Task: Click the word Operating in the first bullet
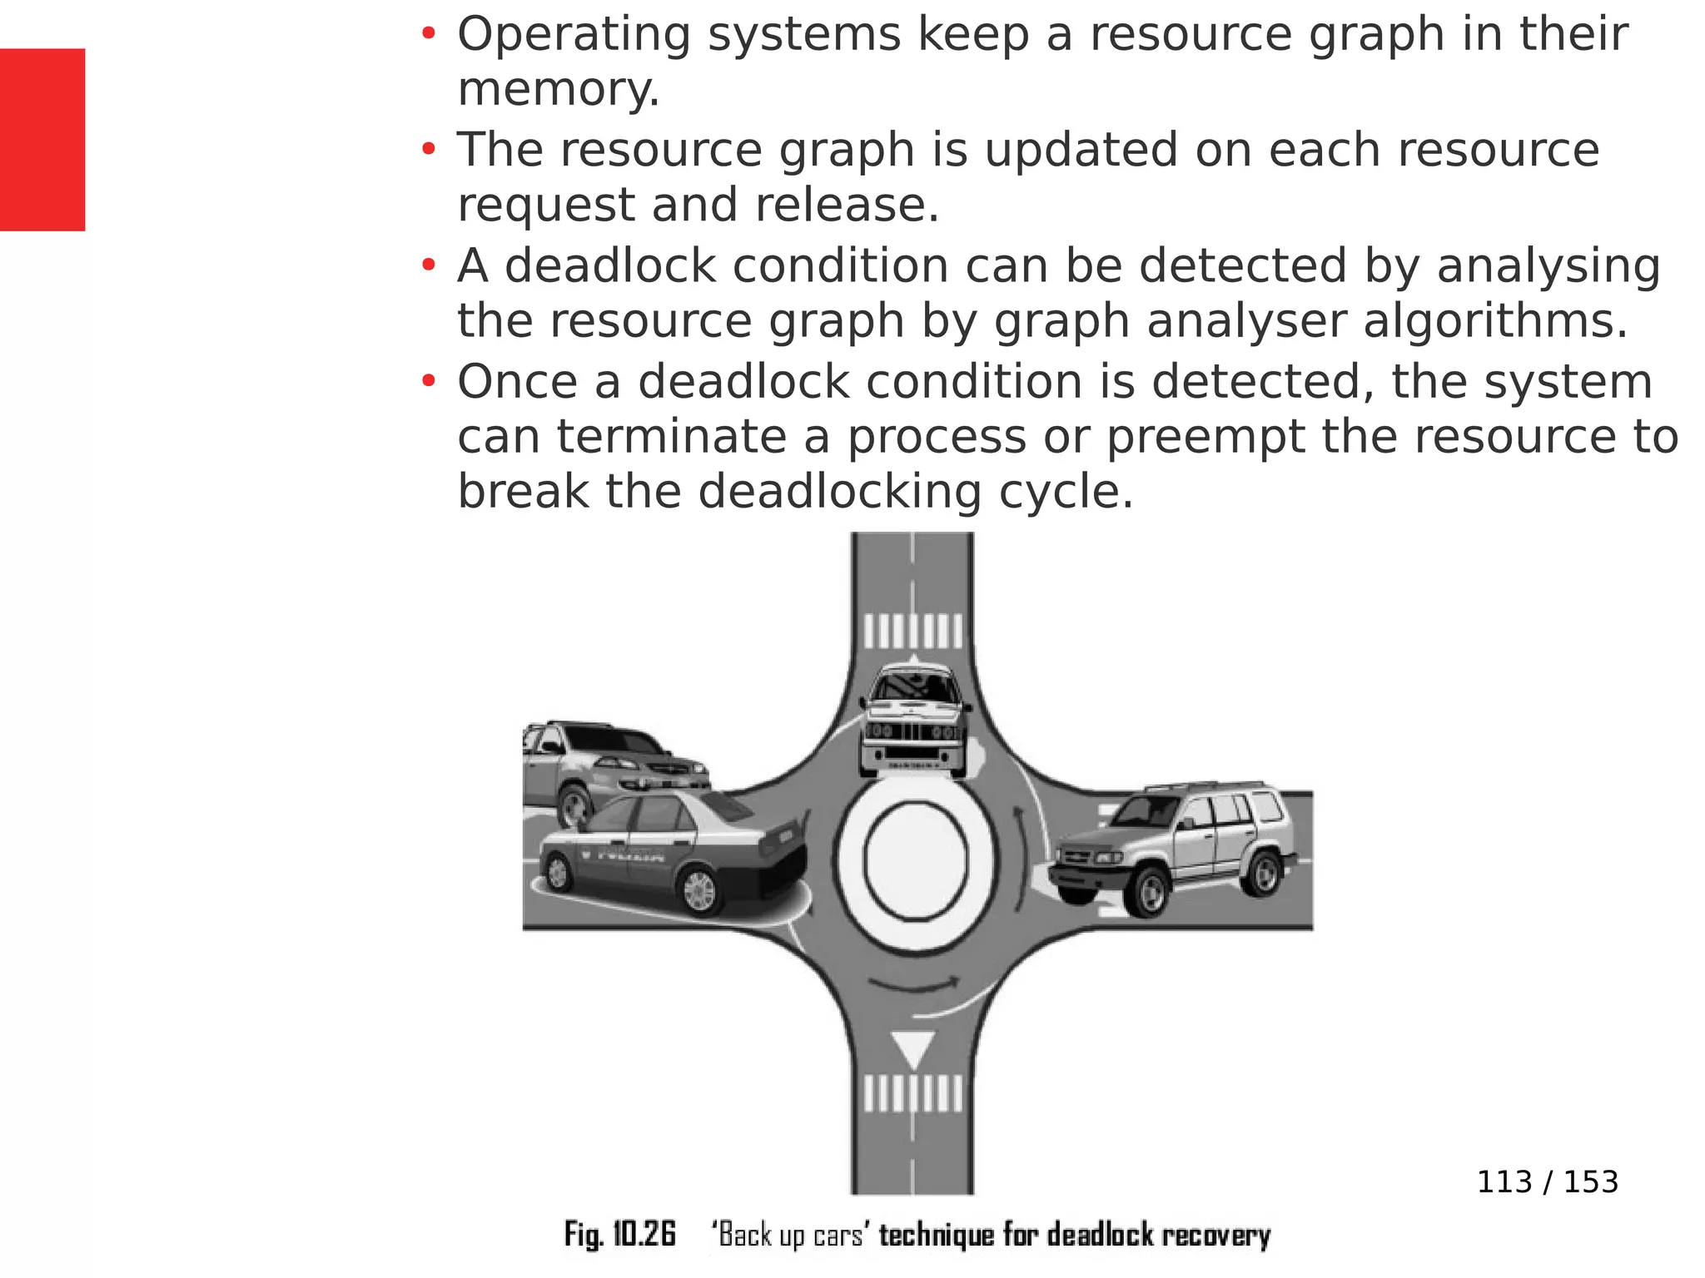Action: pyautogui.click(x=574, y=35)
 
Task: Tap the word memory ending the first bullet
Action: pyautogui.click(x=557, y=89)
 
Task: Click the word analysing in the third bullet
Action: pyautogui.click(x=1548, y=266)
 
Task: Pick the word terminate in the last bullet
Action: pyautogui.click(x=671, y=437)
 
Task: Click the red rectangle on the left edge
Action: pyautogui.click(x=42, y=139)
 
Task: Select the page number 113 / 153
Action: pyautogui.click(x=1547, y=1182)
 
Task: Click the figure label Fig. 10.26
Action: pyautogui.click(x=619, y=1234)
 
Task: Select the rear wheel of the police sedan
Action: pyautogui.click(x=698, y=891)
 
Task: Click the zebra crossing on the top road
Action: pyautogui.click(x=913, y=632)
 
